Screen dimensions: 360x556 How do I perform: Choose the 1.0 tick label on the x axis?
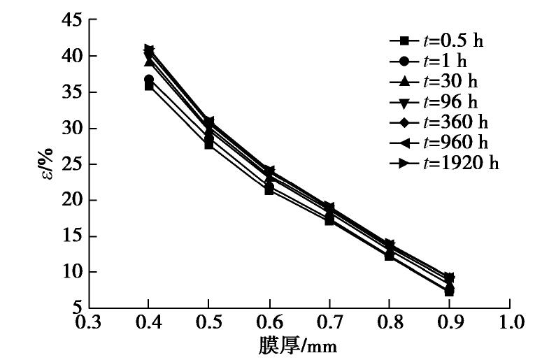[510, 323]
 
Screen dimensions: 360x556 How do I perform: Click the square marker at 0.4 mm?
[148, 85]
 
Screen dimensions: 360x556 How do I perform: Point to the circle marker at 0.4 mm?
[148, 80]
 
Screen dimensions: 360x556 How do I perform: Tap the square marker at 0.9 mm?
[449, 291]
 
